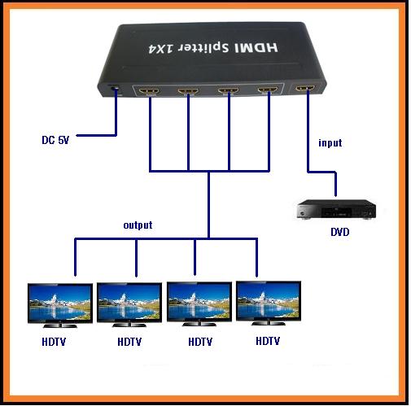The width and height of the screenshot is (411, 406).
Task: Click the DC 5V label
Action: (55, 140)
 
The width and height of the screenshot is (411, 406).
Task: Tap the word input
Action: (330, 142)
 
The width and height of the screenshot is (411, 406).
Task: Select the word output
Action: (138, 225)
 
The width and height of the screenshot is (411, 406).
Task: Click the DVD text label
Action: (340, 232)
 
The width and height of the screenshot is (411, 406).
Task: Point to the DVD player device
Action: (336, 209)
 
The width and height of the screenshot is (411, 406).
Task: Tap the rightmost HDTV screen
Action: (269, 301)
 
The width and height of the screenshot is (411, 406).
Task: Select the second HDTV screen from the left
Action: (129, 303)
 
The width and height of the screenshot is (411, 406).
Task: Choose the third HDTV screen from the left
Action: (199, 302)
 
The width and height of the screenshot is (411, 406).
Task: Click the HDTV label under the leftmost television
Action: (54, 342)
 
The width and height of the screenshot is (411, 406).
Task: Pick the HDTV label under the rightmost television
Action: (268, 341)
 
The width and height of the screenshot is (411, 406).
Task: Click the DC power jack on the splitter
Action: (115, 89)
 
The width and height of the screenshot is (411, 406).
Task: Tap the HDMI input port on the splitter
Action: (305, 89)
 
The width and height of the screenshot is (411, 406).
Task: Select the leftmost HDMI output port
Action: (148, 90)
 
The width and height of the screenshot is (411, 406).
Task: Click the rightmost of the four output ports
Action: (268, 89)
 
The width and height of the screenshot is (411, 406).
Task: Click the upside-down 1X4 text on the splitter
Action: (161, 48)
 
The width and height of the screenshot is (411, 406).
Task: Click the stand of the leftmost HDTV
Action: (60, 325)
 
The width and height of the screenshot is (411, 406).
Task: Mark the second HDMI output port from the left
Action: (188, 91)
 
